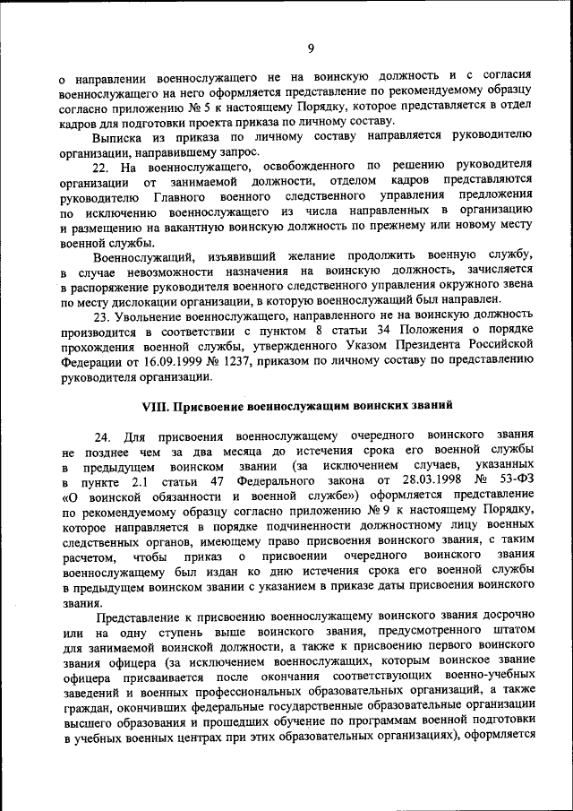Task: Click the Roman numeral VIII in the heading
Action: tap(158, 404)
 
